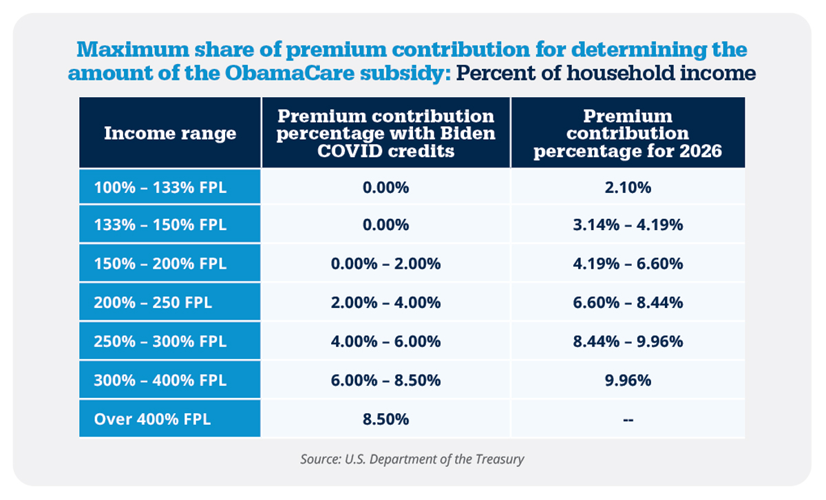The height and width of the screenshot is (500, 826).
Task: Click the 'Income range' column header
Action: coord(170,133)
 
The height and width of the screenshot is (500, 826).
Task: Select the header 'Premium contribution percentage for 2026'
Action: coord(627,133)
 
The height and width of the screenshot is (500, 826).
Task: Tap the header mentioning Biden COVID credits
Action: coord(385,133)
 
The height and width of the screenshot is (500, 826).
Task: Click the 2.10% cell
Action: coord(627,187)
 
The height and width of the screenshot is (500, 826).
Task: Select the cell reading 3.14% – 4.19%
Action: coord(627,225)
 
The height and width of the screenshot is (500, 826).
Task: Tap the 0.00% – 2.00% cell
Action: coord(385,264)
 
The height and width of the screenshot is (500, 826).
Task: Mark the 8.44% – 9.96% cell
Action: coord(627,342)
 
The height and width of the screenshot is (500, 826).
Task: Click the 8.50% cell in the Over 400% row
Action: coord(385,419)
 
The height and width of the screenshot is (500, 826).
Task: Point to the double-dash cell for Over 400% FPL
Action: coord(627,419)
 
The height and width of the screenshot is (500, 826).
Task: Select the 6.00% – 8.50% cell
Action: coord(385,380)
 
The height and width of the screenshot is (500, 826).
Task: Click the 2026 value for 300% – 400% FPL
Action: coord(627,380)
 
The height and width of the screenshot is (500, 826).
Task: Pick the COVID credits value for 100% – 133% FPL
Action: coord(385,187)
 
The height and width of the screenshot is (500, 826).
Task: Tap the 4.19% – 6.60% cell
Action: coord(627,264)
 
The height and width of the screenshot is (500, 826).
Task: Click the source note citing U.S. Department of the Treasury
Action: coord(412,459)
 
